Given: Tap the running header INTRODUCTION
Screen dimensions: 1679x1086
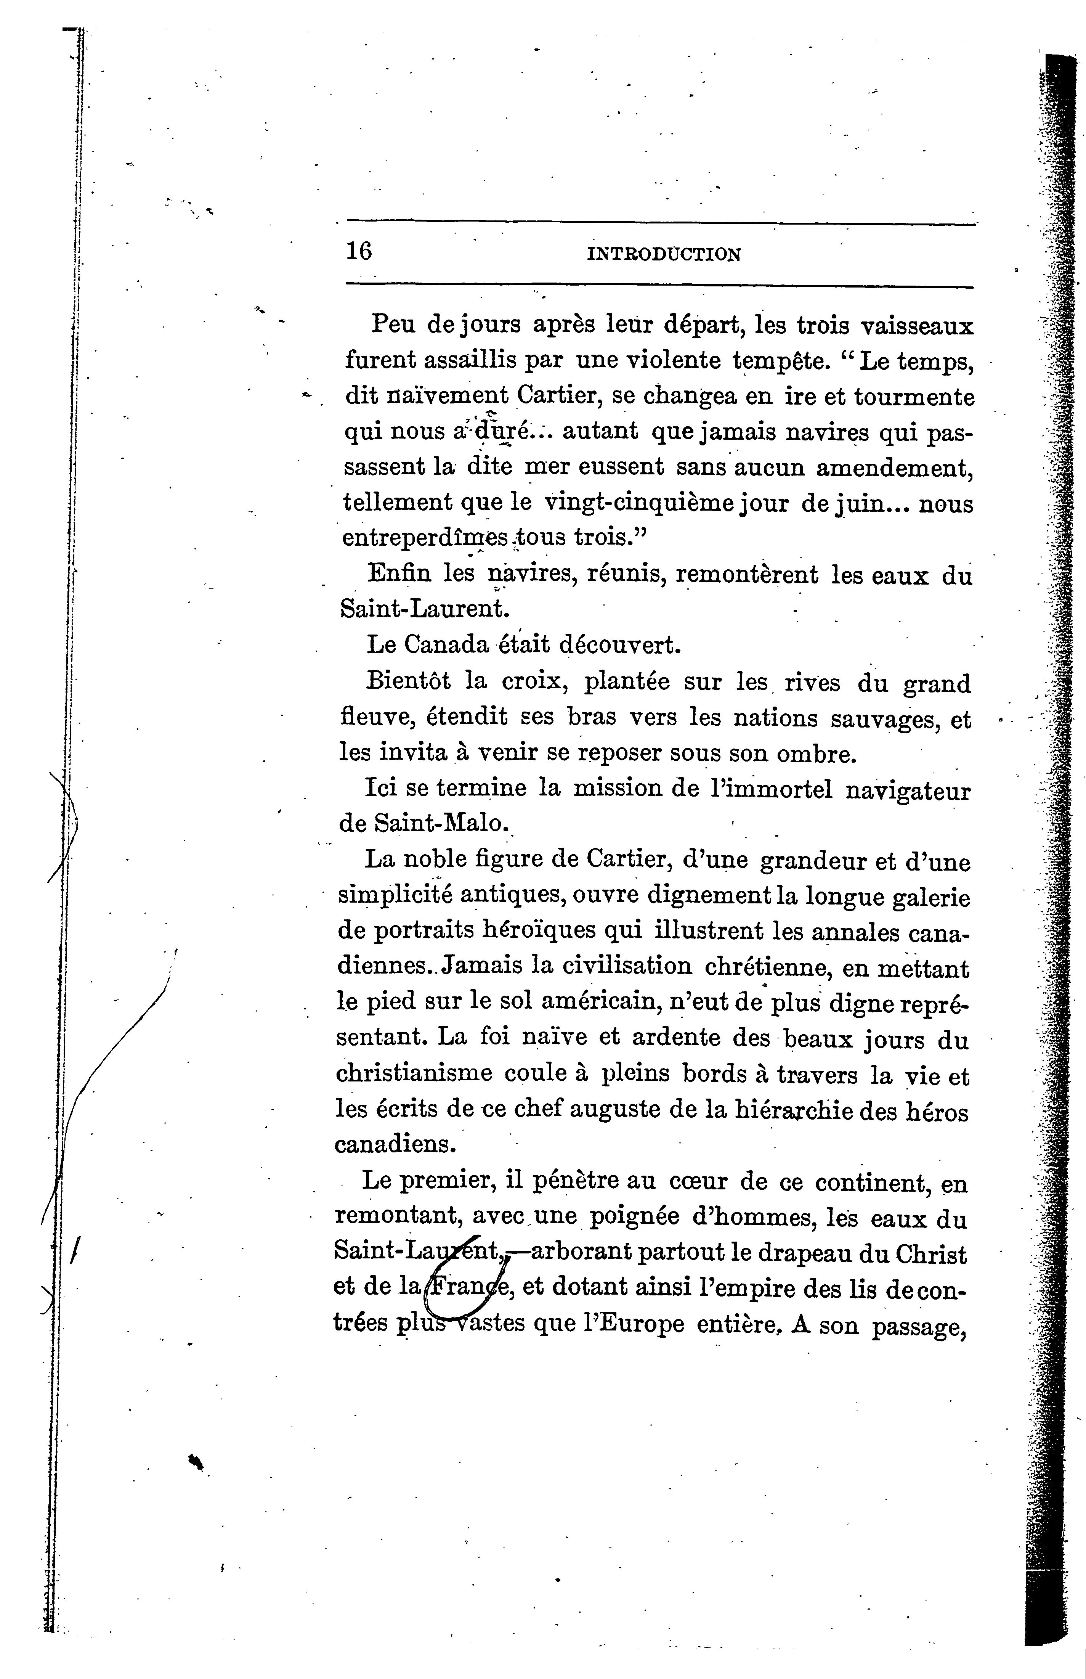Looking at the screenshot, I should point(664,254).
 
